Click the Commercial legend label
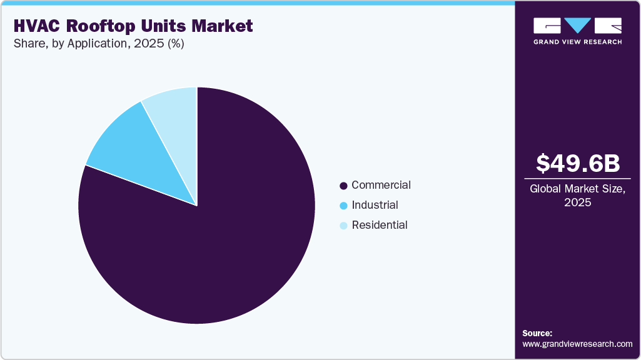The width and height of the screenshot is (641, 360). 381,185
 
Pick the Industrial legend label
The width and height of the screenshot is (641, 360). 375,205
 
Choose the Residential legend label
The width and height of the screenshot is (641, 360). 379,225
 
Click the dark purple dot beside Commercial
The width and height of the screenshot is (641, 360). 343,186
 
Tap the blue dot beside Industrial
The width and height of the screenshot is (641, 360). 343,206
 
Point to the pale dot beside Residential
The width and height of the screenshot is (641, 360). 343,226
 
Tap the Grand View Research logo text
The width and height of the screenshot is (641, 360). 577,42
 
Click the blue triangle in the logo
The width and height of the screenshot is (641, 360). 578,25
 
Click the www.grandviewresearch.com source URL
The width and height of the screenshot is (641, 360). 577,344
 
